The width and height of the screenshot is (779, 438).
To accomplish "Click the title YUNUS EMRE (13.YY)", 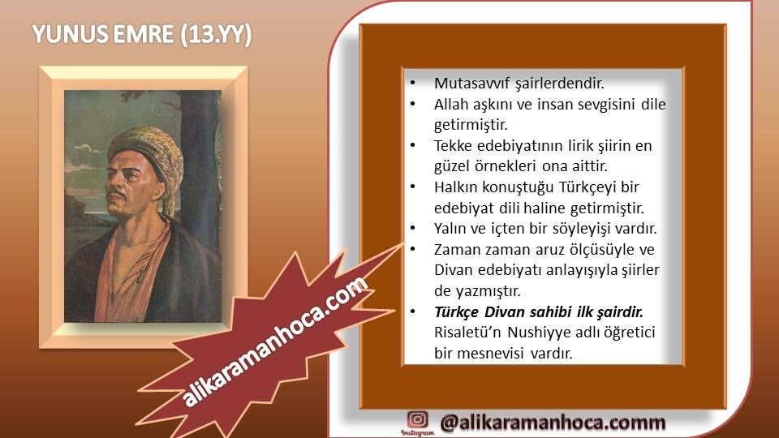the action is tap(142, 35).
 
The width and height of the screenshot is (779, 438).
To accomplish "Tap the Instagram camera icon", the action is tap(417, 419).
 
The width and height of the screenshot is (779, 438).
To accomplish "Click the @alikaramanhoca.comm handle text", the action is tap(553, 423).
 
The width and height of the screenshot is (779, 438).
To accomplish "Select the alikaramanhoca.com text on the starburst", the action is tap(275, 342).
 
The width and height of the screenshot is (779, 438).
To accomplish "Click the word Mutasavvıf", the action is tap(472, 84).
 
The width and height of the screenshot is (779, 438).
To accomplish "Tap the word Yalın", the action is tap(450, 229).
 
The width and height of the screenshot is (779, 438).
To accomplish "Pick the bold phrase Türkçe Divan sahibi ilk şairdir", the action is tap(539, 311).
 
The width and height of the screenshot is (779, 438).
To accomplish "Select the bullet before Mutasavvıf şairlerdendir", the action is tap(413, 84).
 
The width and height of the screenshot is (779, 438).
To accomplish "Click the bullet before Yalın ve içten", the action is tap(413, 229).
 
